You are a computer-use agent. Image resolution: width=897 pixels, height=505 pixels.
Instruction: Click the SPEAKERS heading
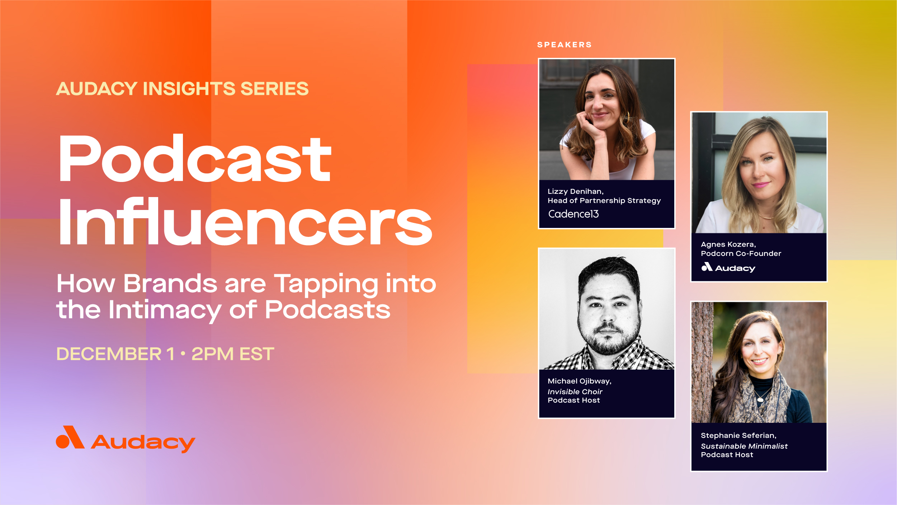[x=564, y=45]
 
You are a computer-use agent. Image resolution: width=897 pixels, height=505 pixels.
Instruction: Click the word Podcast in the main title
[x=195, y=159]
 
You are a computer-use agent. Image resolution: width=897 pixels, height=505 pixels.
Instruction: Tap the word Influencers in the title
[x=245, y=222]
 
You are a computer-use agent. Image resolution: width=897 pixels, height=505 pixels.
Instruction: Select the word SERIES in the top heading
[x=274, y=89]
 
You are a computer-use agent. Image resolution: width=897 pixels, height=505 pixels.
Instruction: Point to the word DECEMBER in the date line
[x=109, y=354]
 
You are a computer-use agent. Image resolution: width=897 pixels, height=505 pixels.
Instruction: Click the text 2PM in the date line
[x=212, y=354]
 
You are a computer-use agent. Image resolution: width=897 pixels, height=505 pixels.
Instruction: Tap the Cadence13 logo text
[x=573, y=214]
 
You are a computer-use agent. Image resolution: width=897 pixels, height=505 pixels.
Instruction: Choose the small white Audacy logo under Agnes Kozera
[x=728, y=267]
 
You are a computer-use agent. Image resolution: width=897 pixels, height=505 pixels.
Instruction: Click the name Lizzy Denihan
[x=575, y=191]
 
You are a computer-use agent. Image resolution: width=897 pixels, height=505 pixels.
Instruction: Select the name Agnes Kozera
[x=728, y=244]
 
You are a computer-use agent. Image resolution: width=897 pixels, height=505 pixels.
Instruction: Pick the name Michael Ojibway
[x=579, y=381]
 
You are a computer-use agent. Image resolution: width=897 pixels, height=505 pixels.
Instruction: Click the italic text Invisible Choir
[x=575, y=392]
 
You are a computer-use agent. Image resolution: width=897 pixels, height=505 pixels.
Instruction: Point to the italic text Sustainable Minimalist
[x=744, y=446]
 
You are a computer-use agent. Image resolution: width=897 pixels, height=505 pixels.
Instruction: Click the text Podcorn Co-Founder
[x=741, y=253]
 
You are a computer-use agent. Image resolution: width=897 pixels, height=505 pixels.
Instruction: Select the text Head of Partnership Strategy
[x=604, y=201]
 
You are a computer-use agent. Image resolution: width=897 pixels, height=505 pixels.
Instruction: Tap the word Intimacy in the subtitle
[x=165, y=310]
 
